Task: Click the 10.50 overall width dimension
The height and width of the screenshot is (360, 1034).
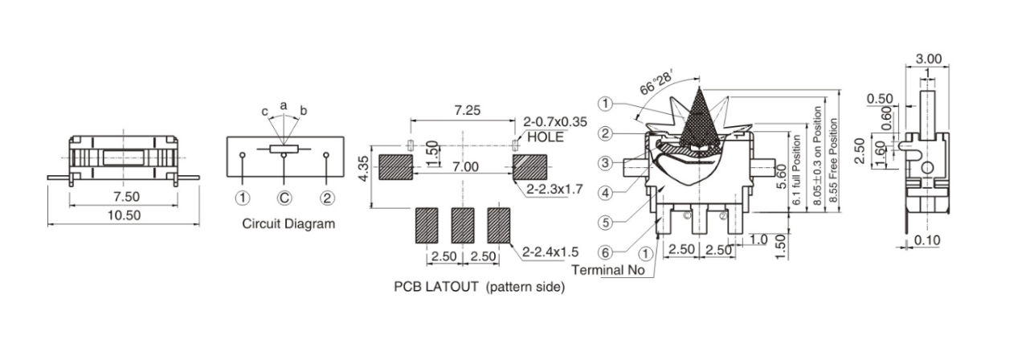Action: click(x=122, y=215)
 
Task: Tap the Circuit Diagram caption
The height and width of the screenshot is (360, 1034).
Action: click(x=288, y=224)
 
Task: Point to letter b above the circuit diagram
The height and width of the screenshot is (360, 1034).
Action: click(x=303, y=110)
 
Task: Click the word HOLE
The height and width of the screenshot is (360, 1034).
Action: click(x=546, y=137)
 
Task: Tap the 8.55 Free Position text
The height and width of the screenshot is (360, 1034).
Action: click(x=834, y=165)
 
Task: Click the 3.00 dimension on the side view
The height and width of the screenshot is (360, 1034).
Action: click(x=928, y=59)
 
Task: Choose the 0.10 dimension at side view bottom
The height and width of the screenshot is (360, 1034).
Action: click(x=928, y=239)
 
